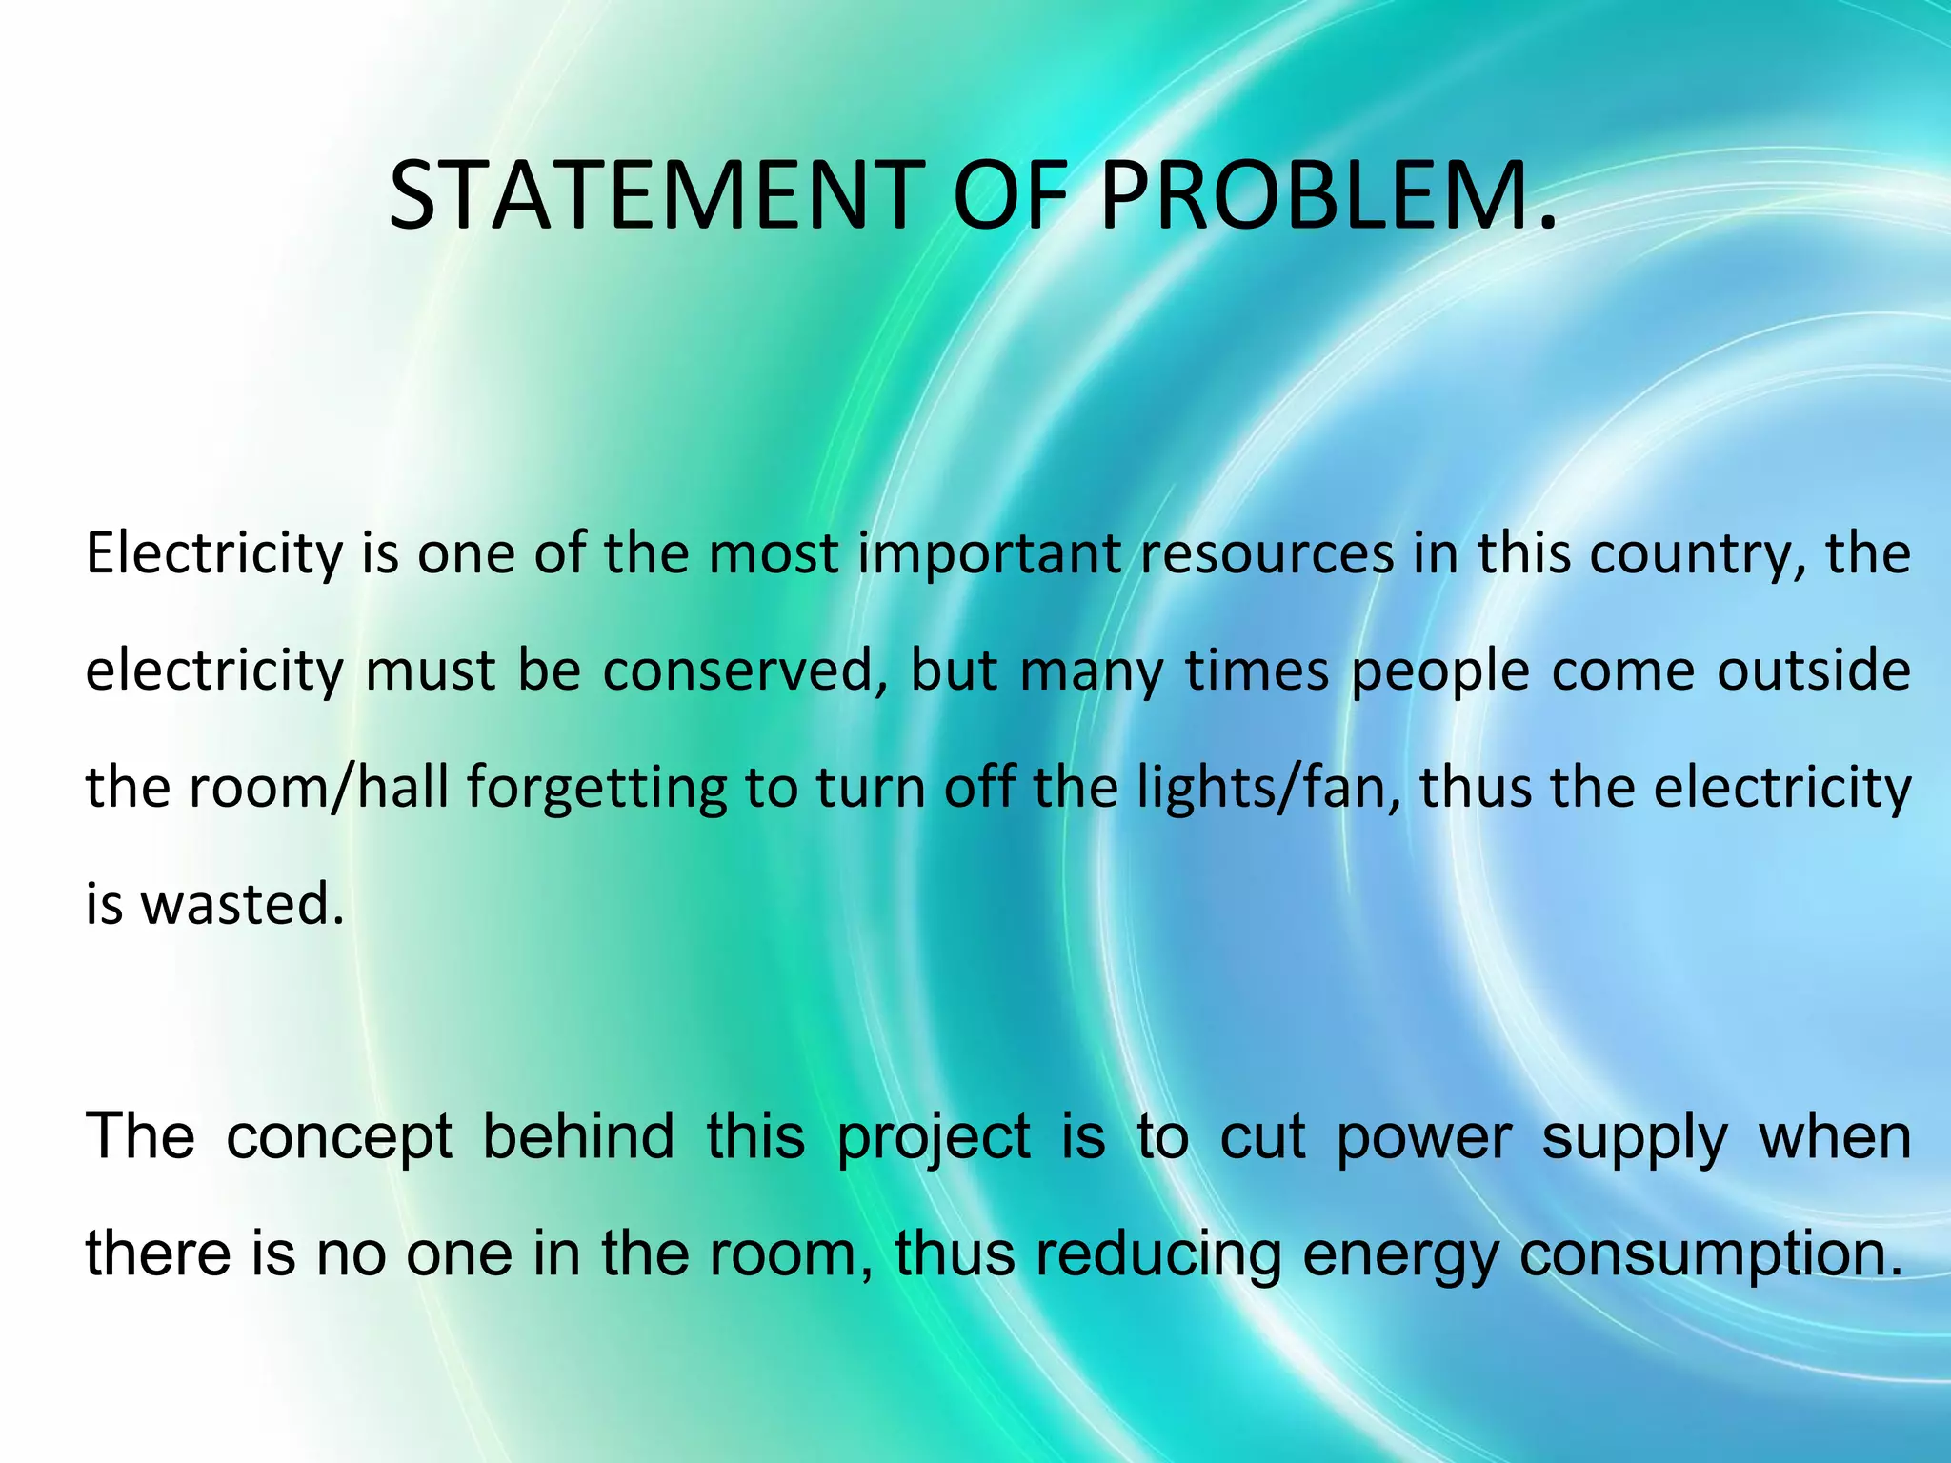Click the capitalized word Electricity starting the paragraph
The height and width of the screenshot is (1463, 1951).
coord(213,554)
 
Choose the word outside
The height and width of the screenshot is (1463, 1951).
coord(1814,671)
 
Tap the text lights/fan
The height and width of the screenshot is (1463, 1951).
coord(1269,790)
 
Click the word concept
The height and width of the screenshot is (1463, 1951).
coord(339,1138)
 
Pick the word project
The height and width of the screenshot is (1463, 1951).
coord(934,1138)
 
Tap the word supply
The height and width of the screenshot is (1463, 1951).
coord(1635,1138)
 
